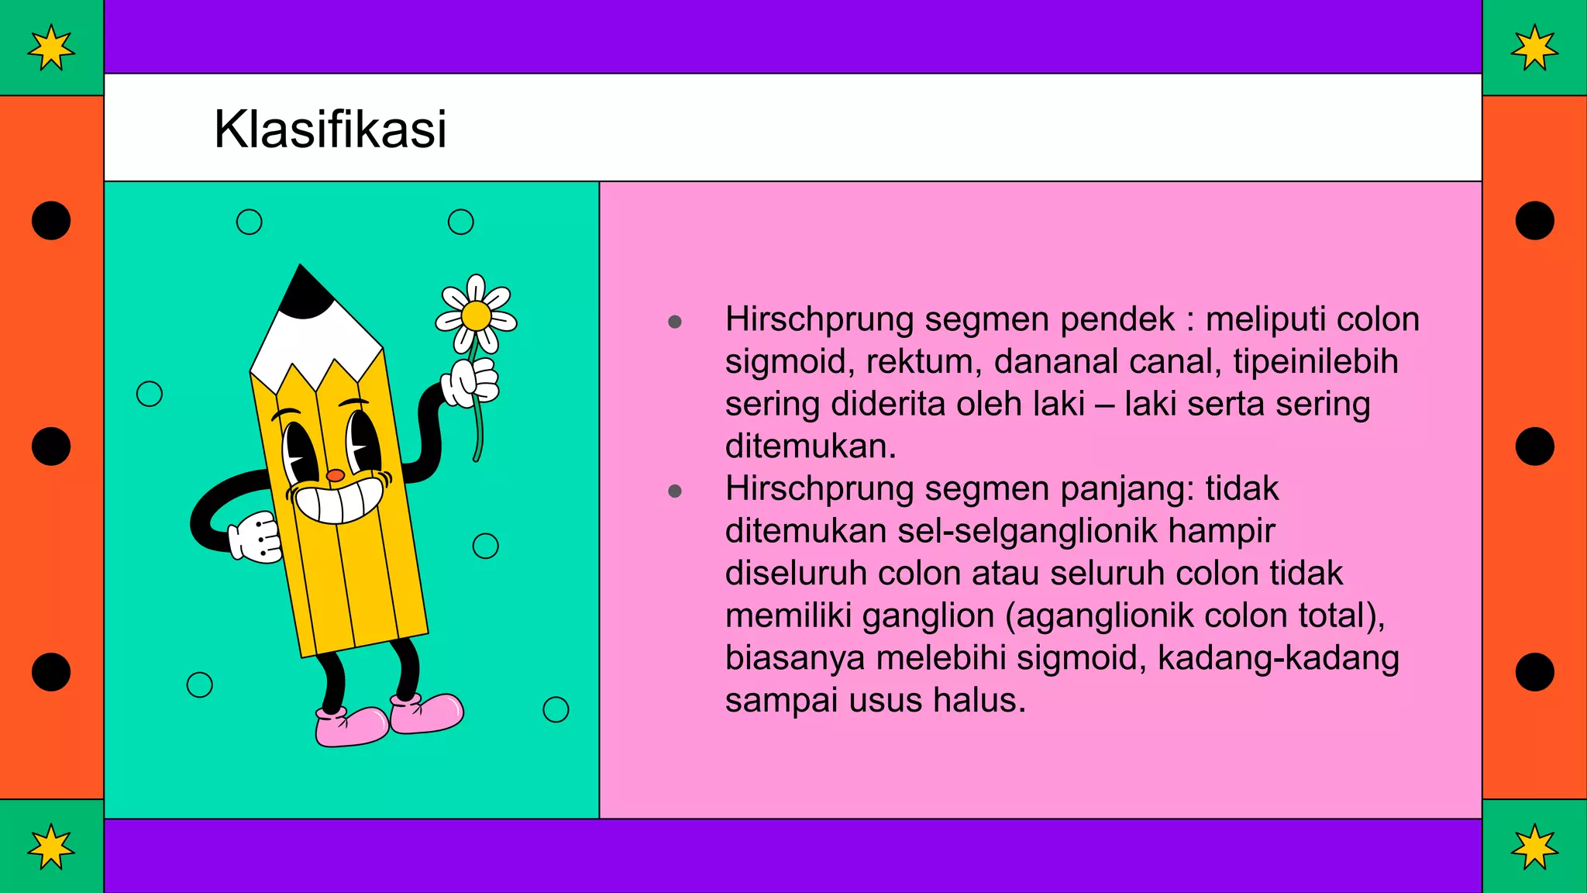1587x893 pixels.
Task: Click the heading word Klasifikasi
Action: point(330,129)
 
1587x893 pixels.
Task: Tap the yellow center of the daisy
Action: point(476,316)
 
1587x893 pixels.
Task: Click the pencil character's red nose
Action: point(335,475)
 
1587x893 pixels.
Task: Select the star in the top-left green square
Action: point(51,47)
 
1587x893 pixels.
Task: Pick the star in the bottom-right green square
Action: point(1534,846)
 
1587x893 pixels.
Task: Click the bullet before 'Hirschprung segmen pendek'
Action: point(675,322)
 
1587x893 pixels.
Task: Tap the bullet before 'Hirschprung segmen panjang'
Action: point(675,491)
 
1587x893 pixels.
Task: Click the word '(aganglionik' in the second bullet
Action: point(1100,616)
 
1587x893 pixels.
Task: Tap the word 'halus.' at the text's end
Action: point(979,701)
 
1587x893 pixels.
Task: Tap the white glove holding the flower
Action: point(470,382)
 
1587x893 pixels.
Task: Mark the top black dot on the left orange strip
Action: point(51,221)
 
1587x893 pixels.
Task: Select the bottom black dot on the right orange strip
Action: point(1534,671)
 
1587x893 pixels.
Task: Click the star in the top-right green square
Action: point(1534,47)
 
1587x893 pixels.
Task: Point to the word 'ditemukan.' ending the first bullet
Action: point(811,446)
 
